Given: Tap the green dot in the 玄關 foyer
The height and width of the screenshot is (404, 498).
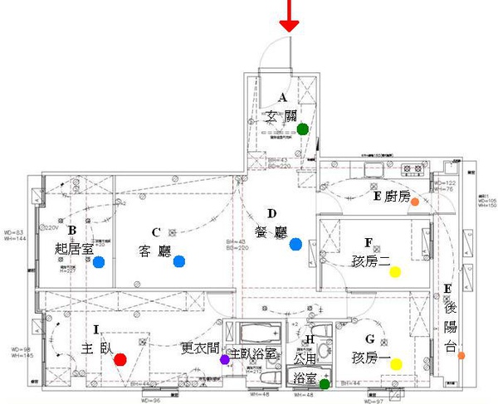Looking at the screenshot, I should coord(303,129).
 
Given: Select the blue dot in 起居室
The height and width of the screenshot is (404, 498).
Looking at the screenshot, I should coord(99,262).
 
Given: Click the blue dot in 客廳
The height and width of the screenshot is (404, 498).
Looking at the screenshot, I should coord(178,262).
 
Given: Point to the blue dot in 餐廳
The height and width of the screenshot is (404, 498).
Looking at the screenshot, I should coord(295,244).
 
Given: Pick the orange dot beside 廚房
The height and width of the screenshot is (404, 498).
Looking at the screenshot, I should coord(414,201).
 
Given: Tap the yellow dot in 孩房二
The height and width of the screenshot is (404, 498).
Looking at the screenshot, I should coord(395,270).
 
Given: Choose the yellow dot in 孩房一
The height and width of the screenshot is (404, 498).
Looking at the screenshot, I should coord(395,363).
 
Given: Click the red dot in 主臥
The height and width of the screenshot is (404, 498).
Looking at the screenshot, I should coord(120,359).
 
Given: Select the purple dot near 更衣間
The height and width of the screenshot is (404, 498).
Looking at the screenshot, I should coord(224,359).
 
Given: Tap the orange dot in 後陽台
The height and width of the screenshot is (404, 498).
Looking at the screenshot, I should coord(461,355).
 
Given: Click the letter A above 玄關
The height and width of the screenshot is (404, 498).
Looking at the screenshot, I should coord(282,98).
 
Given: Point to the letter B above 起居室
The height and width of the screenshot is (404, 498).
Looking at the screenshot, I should coord(72,231).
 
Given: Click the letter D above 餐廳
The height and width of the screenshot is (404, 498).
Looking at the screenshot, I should coord(271,213).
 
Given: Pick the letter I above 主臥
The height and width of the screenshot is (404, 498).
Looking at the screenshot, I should coord(96,330).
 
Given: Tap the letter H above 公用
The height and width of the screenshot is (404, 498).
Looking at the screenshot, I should coord(310,339).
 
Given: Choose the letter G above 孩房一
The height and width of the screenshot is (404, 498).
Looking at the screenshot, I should coord(369,338).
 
